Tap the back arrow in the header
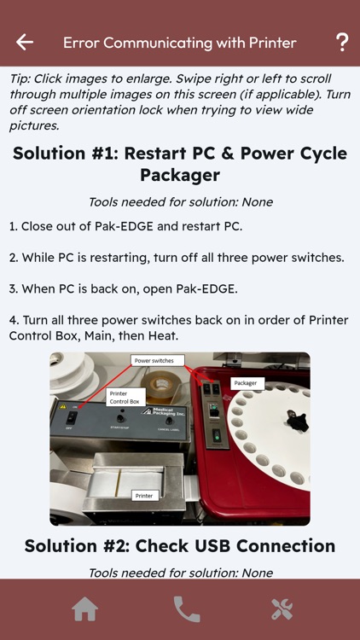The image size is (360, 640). tap(25, 42)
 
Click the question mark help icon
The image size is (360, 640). tap(342, 42)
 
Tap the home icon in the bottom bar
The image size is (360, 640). tap(85, 609)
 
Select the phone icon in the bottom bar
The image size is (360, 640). tap(187, 609)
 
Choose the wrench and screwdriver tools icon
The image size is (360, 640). tap(282, 609)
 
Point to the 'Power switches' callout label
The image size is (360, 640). tap(157, 361)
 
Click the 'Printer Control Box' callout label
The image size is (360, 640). tap(125, 398)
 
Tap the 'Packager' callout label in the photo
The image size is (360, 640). tap(247, 384)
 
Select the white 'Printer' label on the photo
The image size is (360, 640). tap(144, 496)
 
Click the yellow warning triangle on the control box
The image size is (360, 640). tap(63, 406)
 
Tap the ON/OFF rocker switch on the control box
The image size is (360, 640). tap(72, 417)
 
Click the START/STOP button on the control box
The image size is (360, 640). tap(120, 419)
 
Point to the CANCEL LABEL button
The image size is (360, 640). tap(169, 422)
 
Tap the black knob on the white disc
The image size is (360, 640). tap(296, 421)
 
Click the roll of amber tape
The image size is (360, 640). tap(160, 386)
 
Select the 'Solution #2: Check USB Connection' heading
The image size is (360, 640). tap(180, 546)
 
